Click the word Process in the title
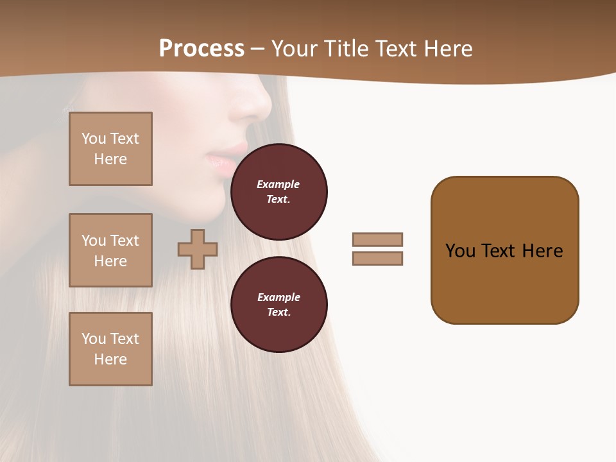[x=201, y=49]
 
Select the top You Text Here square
[x=110, y=149]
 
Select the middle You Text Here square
[x=110, y=250]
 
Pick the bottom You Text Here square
[x=110, y=349]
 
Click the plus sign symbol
[x=198, y=249]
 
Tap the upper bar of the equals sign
[x=377, y=239]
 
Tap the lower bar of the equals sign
[x=377, y=258]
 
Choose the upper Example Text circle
[x=279, y=192]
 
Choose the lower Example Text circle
[x=279, y=304]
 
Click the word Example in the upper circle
[x=278, y=184]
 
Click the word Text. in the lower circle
[x=278, y=312]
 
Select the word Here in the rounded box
[x=542, y=251]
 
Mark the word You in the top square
[x=93, y=139]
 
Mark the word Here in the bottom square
[x=110, y=359]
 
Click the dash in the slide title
[x=258, y=49]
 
